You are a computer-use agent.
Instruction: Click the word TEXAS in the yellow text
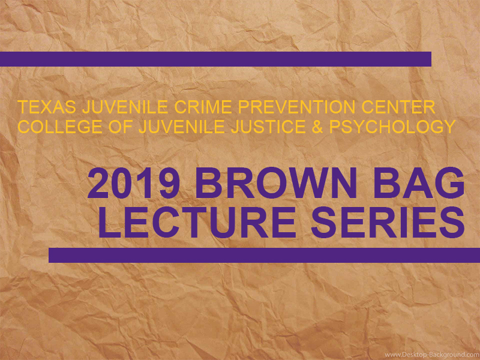click(x=47, y=107)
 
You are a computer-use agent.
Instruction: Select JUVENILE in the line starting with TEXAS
click(x=125, y=107)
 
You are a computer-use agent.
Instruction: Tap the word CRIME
click(x=203, y=107)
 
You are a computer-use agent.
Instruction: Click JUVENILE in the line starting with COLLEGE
click(x=182, y=127)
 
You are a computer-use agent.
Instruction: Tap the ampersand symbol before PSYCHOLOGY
click(x=317, y=127)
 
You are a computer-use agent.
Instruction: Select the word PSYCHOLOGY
click(x=392, y=127)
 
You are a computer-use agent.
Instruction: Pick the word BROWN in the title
click(x=278, y=184)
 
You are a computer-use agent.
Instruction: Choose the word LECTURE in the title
click(x=197, y=223)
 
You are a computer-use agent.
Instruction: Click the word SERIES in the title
click(x=388, y=223)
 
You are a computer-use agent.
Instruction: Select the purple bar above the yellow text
click(x=215, y=59)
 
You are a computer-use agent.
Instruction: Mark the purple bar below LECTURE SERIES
click(x=264, y=255)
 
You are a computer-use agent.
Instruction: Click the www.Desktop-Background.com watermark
click(x=431, y=355)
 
